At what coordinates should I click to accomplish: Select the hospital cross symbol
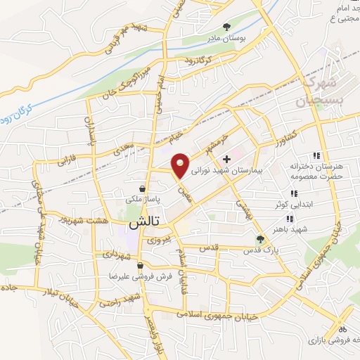coord(226,160)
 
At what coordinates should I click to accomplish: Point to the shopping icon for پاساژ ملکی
coord(143,188)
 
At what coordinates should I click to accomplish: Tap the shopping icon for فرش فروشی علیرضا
coord(141,266)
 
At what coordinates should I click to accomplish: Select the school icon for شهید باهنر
coord(290,219)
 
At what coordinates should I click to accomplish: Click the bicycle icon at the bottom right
coord(342,328)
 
